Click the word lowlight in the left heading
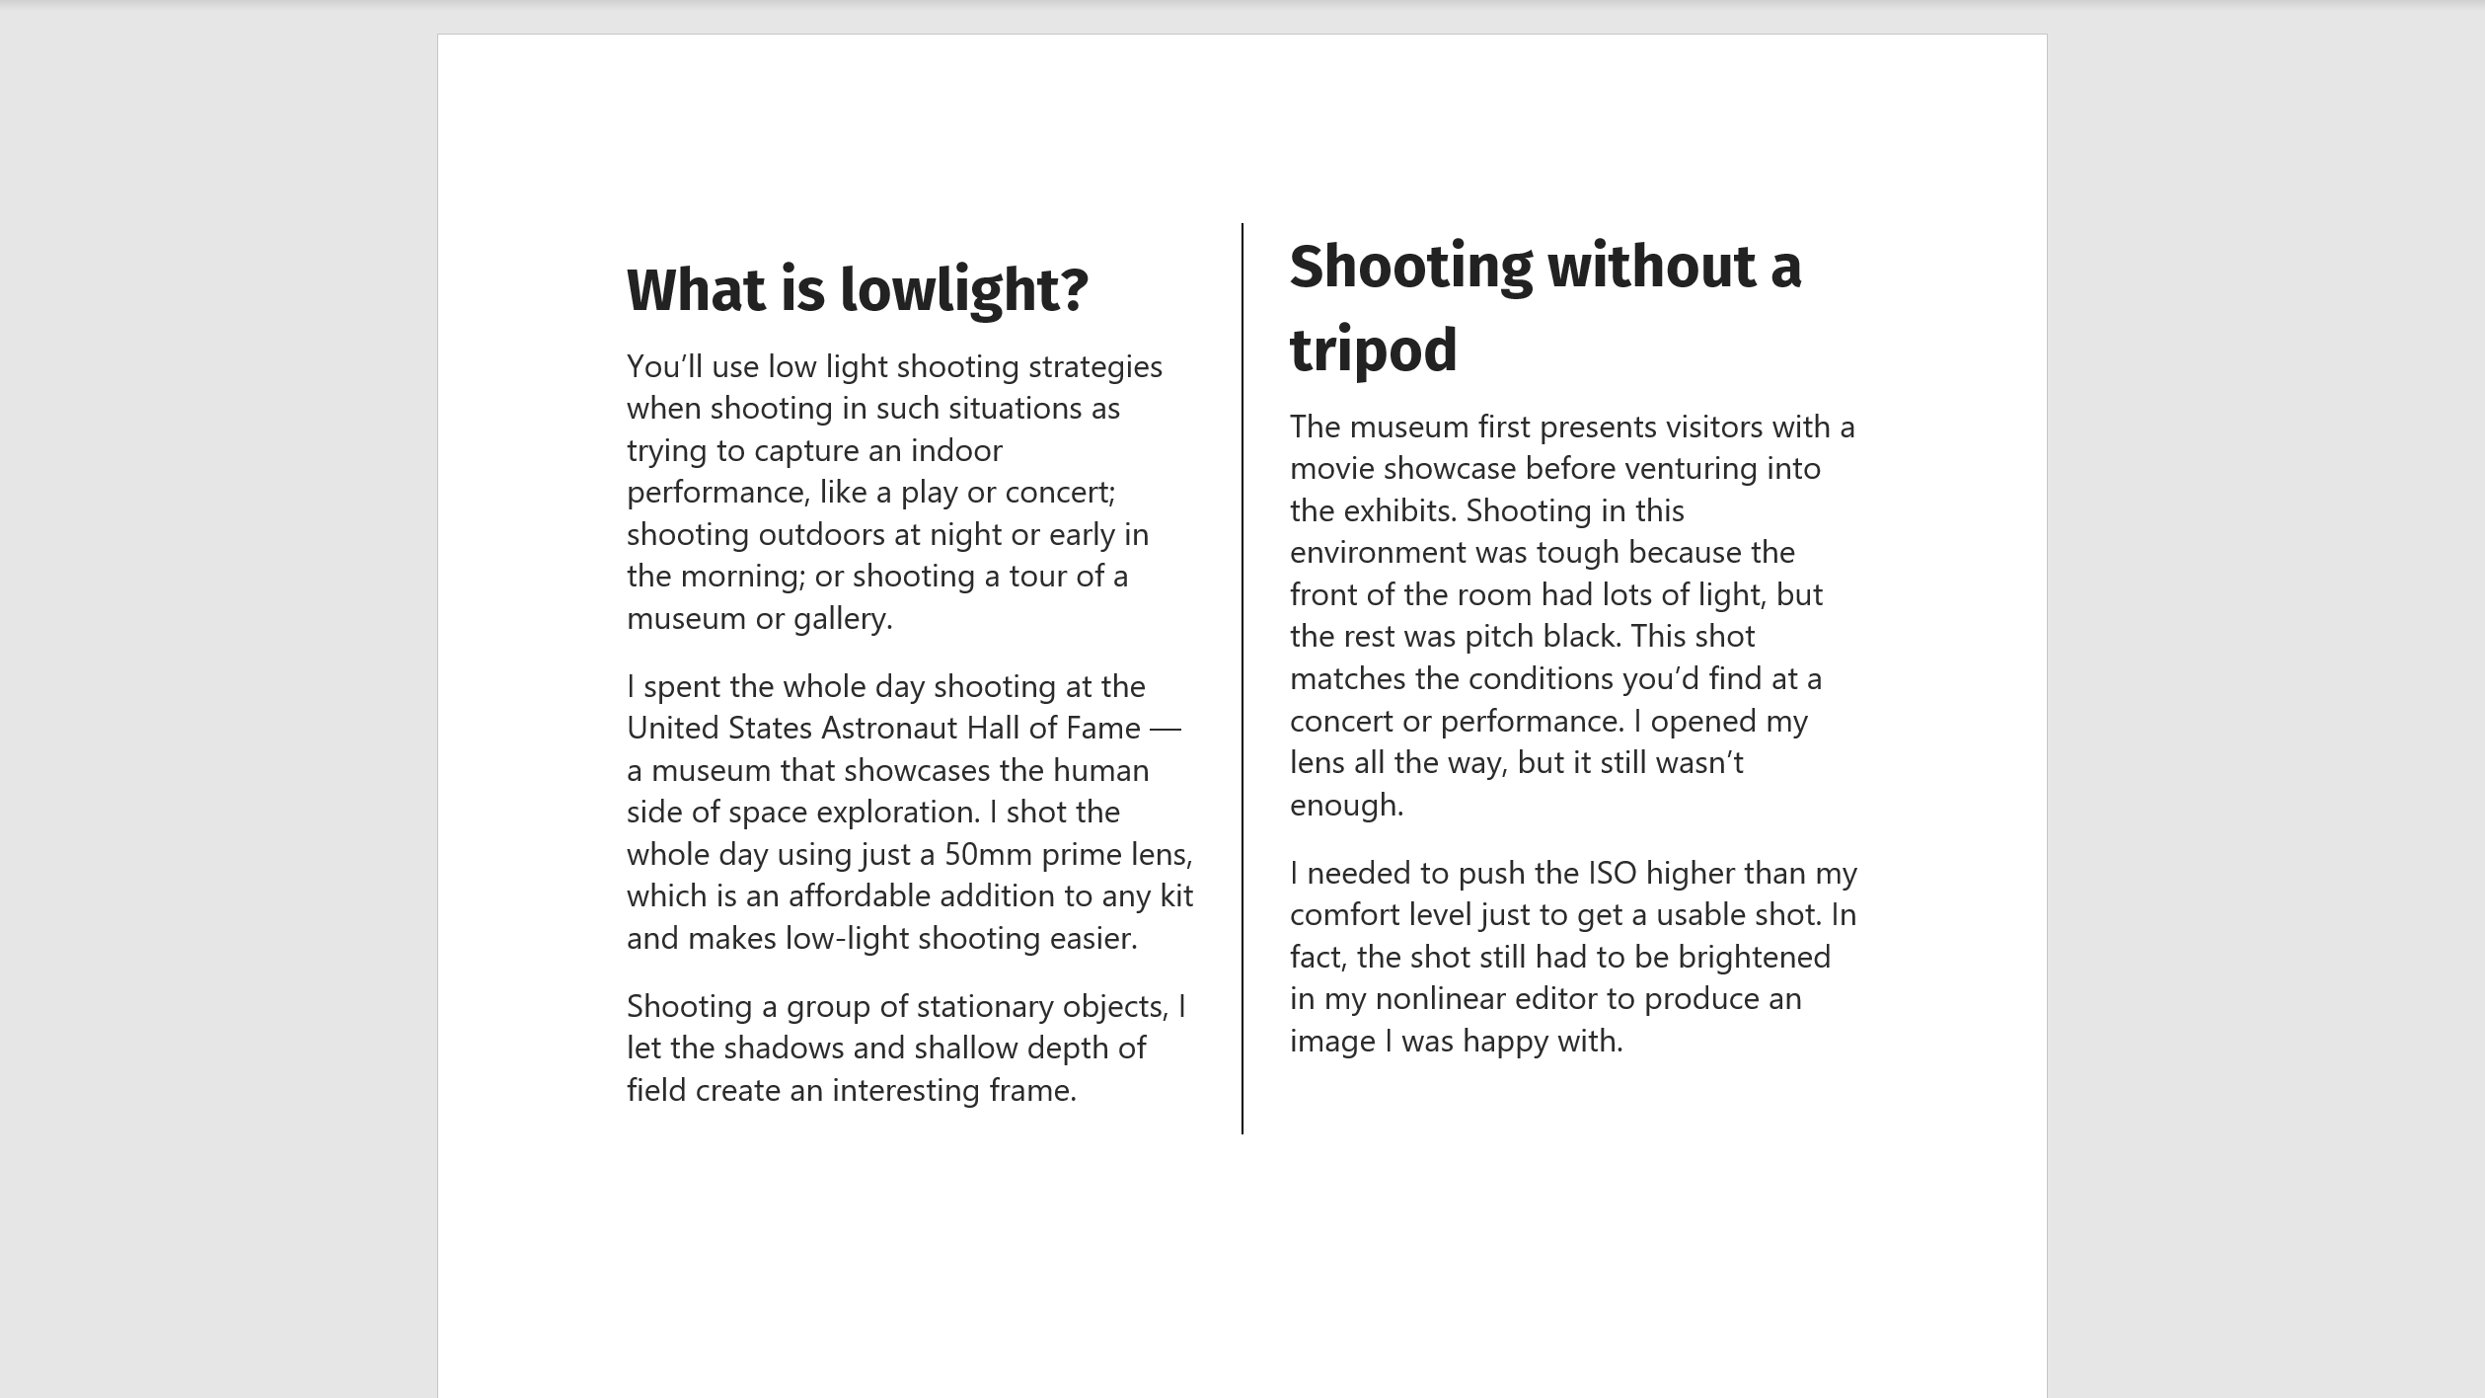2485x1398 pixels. (x=962, y=290)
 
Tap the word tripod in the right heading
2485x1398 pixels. (x=1373, y=349)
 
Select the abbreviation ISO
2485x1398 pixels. (x=1612, y=874)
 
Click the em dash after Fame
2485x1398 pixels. (x=1165, y=729)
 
